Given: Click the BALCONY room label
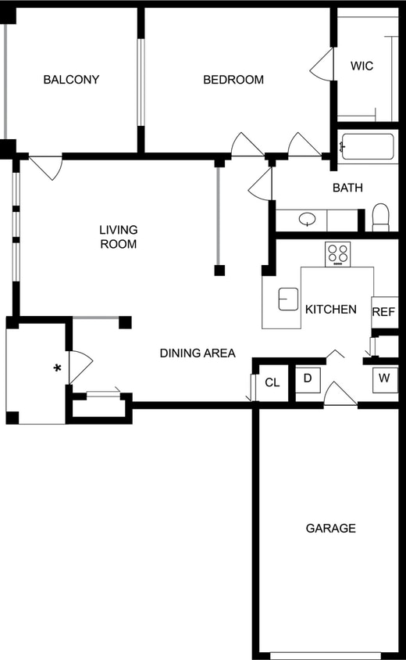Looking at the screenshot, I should [71, 80].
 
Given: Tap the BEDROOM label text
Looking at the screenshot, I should [233, 80].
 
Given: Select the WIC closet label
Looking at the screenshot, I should [361, 66].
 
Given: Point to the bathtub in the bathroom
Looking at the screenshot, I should [368, 147].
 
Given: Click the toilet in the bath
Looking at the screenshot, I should [380, 217].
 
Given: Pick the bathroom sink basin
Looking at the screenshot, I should [308, 220].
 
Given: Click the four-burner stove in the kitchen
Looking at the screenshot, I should [338, 253].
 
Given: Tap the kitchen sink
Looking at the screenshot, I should [289, 298].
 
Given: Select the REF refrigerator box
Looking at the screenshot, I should [384, 311].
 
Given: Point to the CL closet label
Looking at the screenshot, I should [272, 382].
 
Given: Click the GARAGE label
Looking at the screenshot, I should [330, 529].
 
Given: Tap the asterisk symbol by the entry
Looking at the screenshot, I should [57, 368].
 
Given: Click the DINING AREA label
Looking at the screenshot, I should [198, 353].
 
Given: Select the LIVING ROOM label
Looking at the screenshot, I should [119, 237].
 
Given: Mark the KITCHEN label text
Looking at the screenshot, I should [330, 310].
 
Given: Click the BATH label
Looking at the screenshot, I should [347, 188].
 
